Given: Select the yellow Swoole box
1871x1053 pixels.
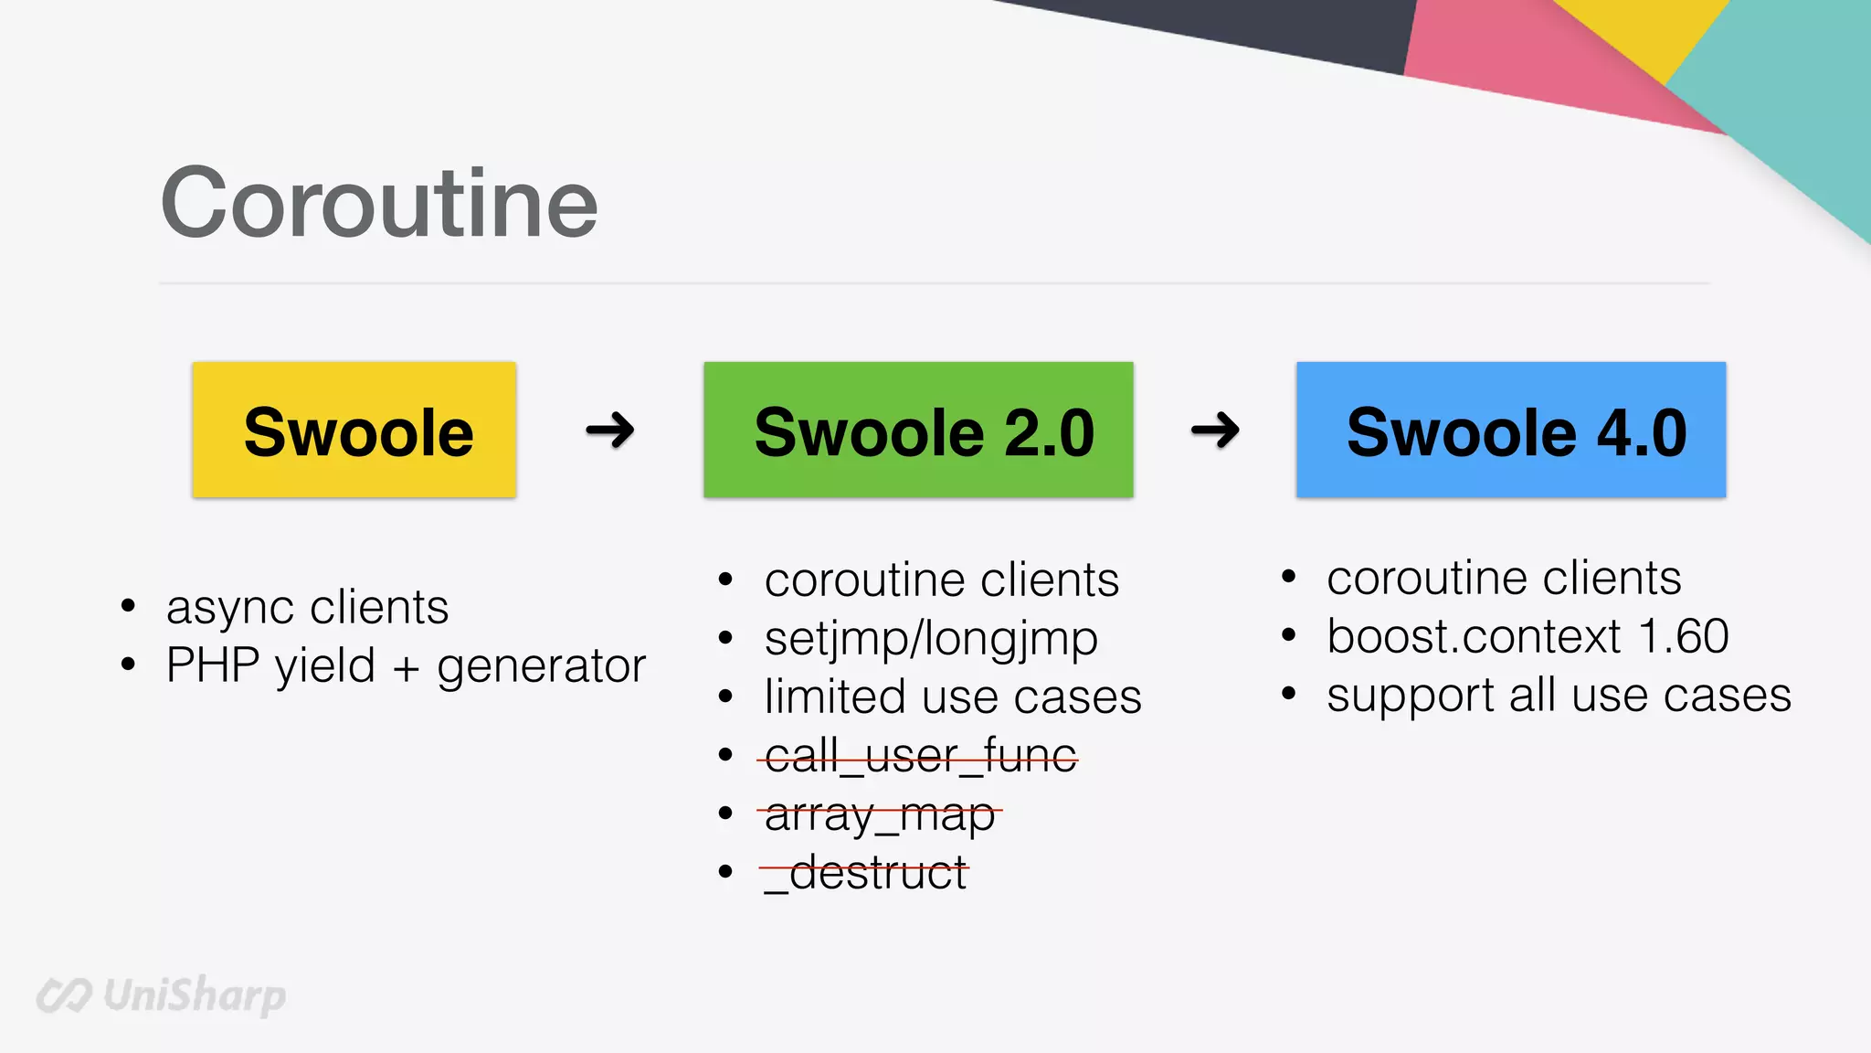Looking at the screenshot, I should click(x=354, y=430).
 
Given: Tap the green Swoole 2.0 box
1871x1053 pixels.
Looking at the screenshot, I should click(x=918, y=430).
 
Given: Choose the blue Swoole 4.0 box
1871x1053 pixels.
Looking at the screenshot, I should click(x=1511, y=430).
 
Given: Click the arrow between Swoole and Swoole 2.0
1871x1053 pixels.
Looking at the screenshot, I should click(x=610, y=430).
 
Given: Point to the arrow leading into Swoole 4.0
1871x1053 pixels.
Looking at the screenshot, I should click(x=1215, y=430).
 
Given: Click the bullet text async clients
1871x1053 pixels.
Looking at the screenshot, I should click(x=307, y=608).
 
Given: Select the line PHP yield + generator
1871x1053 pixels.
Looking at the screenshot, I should click(x=406, y=666).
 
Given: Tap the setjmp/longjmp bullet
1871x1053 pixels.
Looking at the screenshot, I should click(x=931, y=638).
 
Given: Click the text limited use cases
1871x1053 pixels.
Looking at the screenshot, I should click(x=953, y=697).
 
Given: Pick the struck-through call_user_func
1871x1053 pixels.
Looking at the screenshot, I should click(x=921, y=756).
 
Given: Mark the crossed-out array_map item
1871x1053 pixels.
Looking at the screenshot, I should click(x=880, y=814).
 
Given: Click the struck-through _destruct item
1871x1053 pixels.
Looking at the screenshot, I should click(x=865, y=873).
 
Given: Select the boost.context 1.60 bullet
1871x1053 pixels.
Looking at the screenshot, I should click(x=1527, y=636).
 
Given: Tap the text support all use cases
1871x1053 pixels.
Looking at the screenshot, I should click(x=1559, y=696).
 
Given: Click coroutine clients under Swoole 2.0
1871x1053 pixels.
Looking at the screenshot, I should click(x=942, y=580).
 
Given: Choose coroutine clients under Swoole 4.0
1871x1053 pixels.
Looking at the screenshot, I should click(x=1504, y=578).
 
